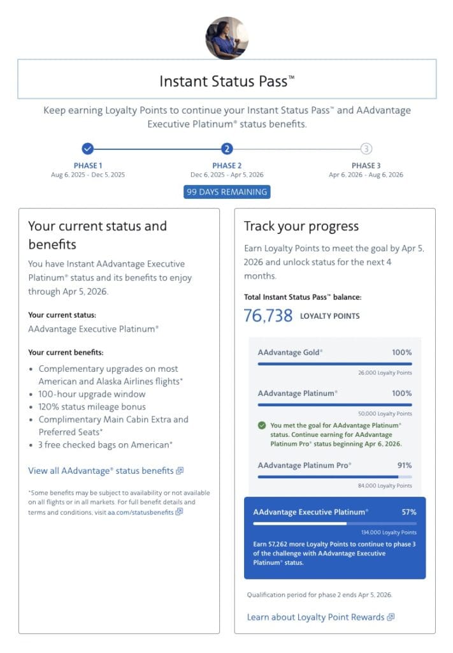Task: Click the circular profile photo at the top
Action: [226, 38]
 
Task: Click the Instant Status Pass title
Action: [226, 82]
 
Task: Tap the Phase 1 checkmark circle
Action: [88, 149]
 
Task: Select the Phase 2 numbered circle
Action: [226, 149]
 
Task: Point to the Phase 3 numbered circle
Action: [366, 149]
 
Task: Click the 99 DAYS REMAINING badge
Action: [226, 192]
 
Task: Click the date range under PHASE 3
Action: [366, 175]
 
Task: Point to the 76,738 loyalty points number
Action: [268, 315]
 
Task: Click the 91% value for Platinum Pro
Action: [404, 465]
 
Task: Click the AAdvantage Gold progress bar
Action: [334, 363]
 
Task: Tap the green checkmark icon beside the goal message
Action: [262, 425]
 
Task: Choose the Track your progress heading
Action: [301, 226]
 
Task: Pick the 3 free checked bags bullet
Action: [106, 444]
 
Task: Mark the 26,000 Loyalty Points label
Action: [385, 372]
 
